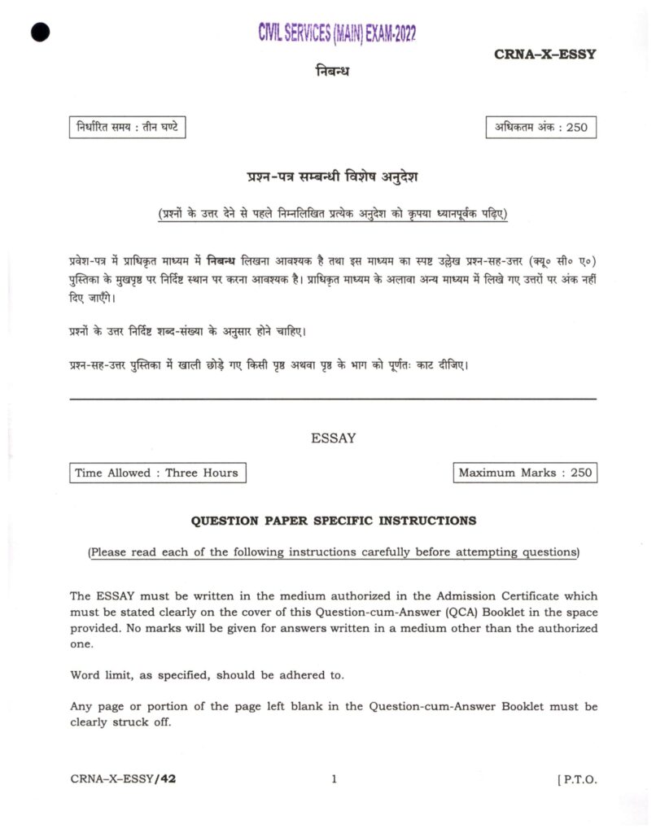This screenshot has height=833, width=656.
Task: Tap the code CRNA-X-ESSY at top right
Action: (x=544, y=55)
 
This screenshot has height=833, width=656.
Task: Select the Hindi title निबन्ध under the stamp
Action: (x=332, y=71)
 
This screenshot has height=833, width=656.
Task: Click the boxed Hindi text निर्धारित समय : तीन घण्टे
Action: (x=127, y=127)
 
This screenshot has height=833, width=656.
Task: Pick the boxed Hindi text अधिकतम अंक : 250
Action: (x=540, y=128)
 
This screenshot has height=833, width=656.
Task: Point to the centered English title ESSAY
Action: (x=334, y=438)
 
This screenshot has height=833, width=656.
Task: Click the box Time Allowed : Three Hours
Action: (x=157, y=473)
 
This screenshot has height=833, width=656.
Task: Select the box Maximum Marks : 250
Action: (x=525, y=473)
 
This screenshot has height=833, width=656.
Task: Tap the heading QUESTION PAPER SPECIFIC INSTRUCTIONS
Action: (x=334, y=520)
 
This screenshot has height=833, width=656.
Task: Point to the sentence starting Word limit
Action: (x=207, y=675)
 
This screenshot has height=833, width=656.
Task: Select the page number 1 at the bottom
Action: (x=334, y=779)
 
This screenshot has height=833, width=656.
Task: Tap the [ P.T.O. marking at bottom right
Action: (x=577, y=779)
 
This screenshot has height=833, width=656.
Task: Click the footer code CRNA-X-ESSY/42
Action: (x=123, y=779)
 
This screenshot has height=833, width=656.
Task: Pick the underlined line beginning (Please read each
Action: (x=334, y=552)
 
